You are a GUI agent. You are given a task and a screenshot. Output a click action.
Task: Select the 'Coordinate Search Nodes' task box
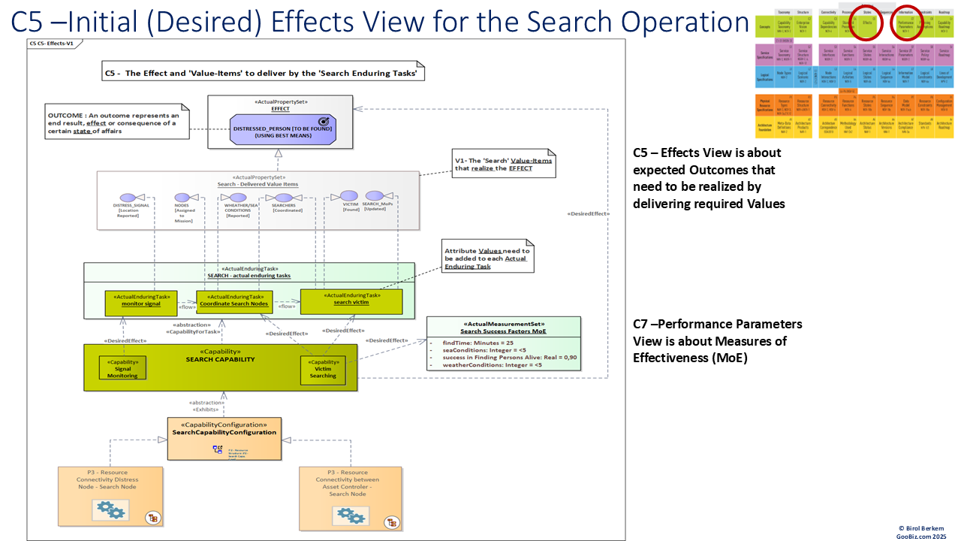[233, 303]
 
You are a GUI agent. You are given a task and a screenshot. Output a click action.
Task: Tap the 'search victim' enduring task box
[351, 302]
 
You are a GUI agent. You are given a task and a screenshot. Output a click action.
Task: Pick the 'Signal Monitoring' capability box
[122, 367]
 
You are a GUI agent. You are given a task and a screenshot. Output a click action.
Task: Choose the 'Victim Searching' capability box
[323, 367]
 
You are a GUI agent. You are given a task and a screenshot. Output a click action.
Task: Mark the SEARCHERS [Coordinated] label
[283, 207]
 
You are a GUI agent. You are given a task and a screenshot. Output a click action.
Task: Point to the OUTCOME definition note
[113, 123]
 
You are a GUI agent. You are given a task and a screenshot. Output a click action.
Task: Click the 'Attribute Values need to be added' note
[487, 258]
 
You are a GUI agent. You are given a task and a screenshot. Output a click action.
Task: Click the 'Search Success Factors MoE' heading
[503, 331]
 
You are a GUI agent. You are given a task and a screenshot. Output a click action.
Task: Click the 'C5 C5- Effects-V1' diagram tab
[52, 44]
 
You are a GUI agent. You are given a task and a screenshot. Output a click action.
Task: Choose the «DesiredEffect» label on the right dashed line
[589, 214]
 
